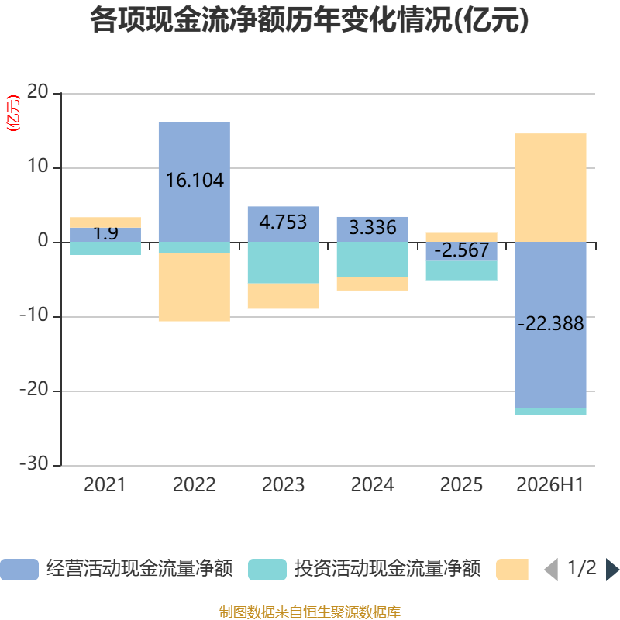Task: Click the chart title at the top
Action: tap(309, 20)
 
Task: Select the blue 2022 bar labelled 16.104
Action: tap(195, 182)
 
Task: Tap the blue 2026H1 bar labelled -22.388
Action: tap(550, 325)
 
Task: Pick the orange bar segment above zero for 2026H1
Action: tap(550, 188)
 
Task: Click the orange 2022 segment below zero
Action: tap(195, 287)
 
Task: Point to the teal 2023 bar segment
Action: tap(284, 263)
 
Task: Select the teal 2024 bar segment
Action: tap(373, 260)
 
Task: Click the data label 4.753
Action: tap(283, 222)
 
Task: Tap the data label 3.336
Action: tap(373, 227)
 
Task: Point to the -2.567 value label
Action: tap(461, 250)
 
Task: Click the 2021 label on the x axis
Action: tap(105, 485)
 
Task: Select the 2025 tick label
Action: tap(461, 485)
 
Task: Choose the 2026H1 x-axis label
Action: tap(550, 485)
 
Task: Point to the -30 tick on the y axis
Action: tap(34, 463)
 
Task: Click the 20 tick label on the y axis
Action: tap(37, 91)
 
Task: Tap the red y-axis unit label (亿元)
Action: tap(13, 113)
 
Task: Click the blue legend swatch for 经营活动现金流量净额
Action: tap(19, 570)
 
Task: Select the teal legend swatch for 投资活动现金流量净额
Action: tap(267, 570)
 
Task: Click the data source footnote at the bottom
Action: tap(309, 611)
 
